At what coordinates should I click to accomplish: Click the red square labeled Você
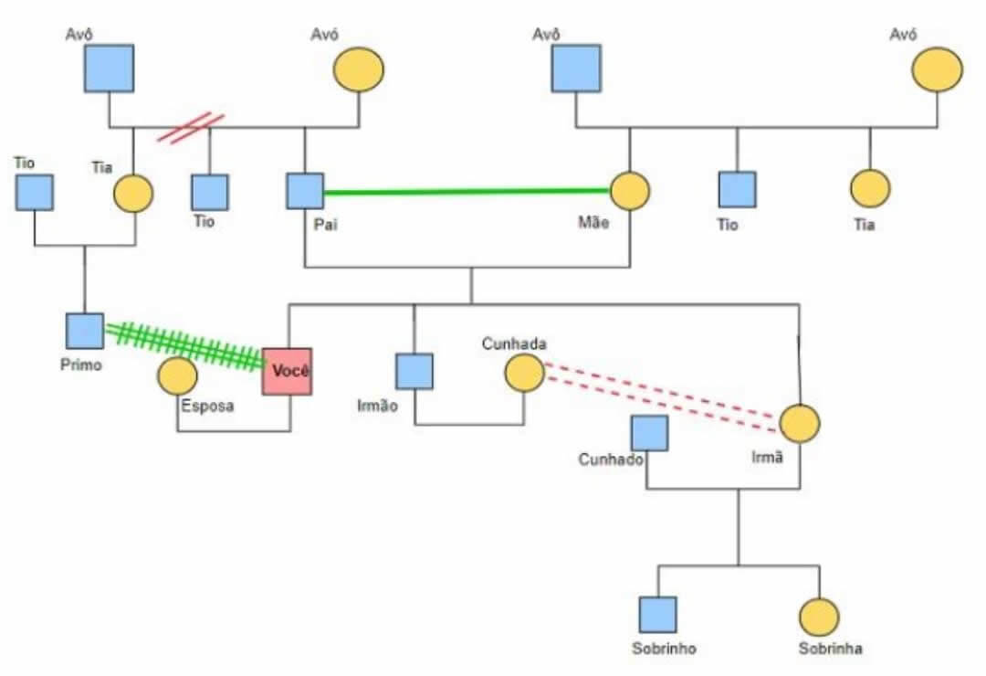coord(287,372)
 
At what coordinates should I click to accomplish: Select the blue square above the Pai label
coord(305,191)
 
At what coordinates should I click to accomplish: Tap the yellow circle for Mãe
coord(629,191)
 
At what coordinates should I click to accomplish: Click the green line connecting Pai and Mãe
coord(466,192)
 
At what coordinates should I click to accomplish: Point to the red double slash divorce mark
coord(190,127)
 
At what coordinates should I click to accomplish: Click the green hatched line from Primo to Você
coord(183,345)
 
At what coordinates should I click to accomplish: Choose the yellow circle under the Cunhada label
coord(525,373)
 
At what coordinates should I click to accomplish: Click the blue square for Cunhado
coord(649,434)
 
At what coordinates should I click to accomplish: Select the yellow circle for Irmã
coord(800,424)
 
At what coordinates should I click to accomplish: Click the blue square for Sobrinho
coord(658,615)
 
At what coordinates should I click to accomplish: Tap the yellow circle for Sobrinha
coord(819,618)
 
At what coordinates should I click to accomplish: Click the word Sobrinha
coord(830,650)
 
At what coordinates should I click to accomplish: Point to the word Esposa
coord(207,407)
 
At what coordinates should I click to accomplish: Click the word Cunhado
coord(611,459)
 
